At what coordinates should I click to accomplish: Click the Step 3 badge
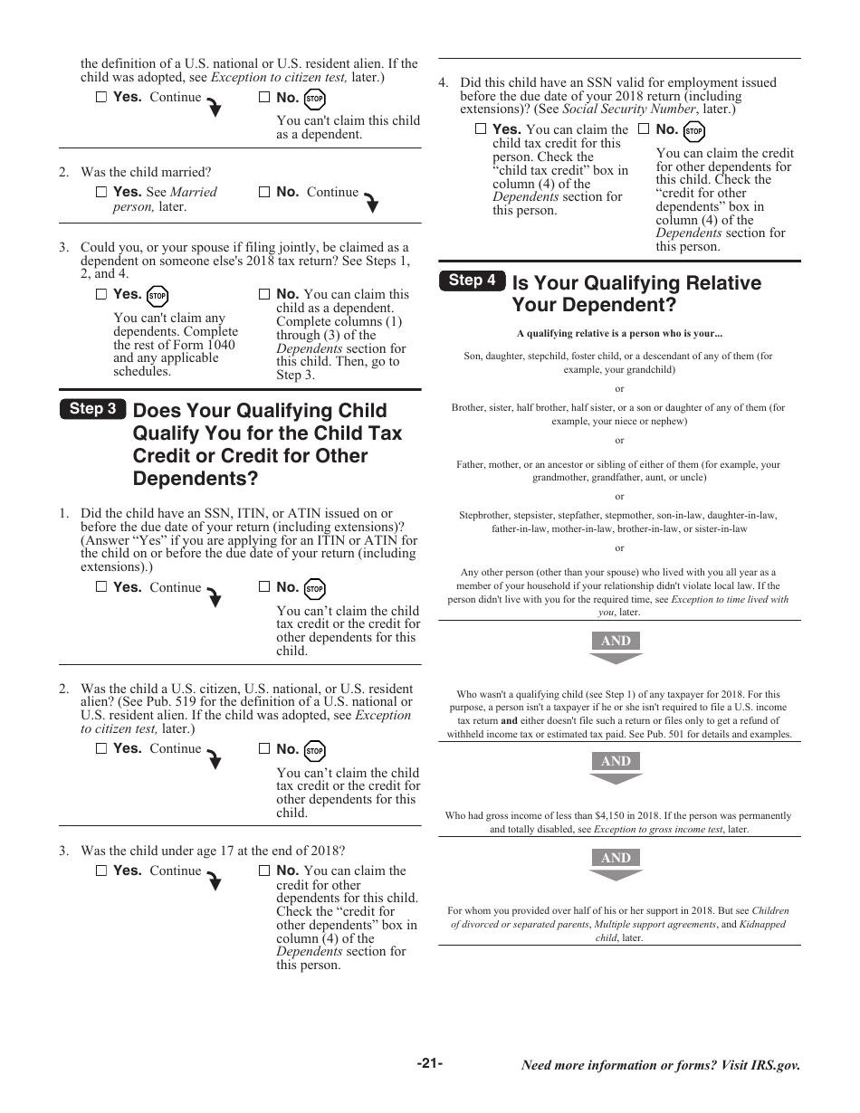click(x=92, y=409)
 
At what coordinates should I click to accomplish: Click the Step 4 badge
click(x=472, y=281)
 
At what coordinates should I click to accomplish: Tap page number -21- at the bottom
click(x=430, y=1063)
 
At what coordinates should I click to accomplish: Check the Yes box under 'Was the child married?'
click(x=101, y=192)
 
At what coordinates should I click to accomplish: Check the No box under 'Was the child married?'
click(x=264, y=192)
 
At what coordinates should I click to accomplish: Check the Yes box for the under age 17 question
click(x=101, y=870)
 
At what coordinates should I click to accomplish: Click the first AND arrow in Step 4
click(x=616, y=647)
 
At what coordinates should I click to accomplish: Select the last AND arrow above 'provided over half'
click(x=616, y=864)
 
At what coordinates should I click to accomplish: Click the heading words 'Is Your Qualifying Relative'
click(x=636, y=283)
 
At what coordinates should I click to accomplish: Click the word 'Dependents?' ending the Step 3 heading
click(x=195, y=479)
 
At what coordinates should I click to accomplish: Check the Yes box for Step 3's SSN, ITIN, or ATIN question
click(x=101, y=586)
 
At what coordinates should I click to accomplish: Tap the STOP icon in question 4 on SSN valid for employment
click(x=694, y=132)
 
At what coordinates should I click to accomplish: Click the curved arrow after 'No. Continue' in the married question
click(x=370, y=203)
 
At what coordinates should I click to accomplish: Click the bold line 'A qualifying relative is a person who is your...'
click(x=619, y=333)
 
